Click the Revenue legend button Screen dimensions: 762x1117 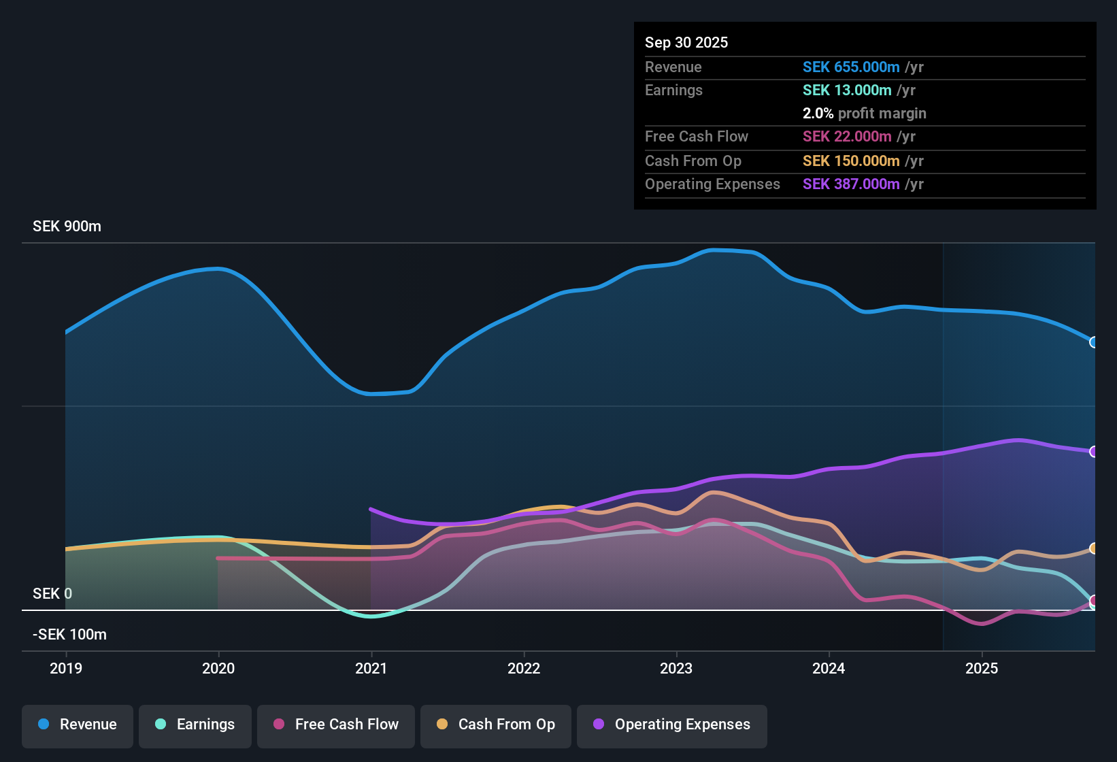[x=78, y=725]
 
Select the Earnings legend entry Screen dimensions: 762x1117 [x=195, y=725]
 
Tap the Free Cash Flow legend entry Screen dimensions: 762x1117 [x=336, y=725]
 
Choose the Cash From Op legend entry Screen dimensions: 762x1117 [x=496, y=725]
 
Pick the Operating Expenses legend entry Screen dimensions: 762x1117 [x=672, y=725]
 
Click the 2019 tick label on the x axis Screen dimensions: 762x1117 [x=66, y=668]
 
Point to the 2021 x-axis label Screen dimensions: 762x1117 [x=371, y=668]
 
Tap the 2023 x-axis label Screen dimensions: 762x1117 [x=676, y=668]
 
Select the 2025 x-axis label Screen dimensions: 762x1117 [x=982, y=668]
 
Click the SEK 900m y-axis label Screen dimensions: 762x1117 [x=67, y=227]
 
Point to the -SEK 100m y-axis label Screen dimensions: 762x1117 [x=69, y=635]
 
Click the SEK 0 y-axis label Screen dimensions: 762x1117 [x=52, y=594]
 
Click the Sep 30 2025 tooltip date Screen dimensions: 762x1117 [x=686, y=43]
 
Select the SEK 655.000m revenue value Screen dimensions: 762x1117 [x=851, y=67]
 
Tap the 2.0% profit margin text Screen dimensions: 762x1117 [x=864, y=114]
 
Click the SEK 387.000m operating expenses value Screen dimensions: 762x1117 [x=851, y=184]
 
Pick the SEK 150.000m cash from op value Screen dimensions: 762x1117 [x=851, y=161]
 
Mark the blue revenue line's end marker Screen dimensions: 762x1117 [x=1093, y=342]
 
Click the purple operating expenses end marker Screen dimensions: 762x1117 [x=1093, y=452]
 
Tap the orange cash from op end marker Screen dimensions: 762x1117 [x=1093, y=548]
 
